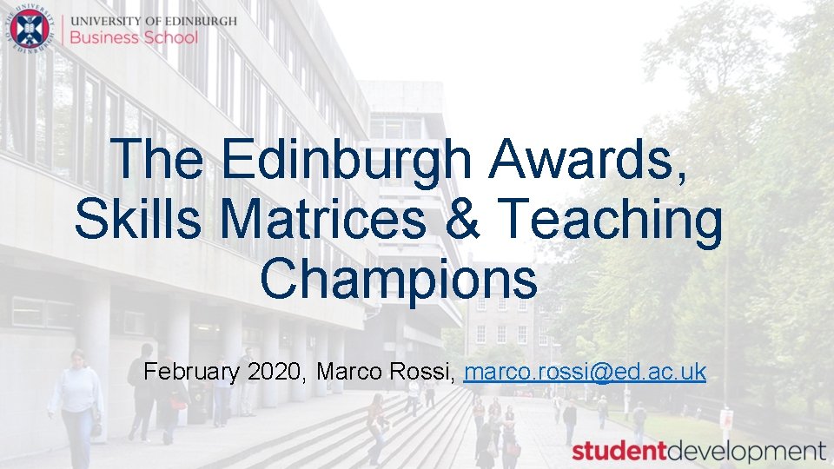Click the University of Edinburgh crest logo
pyautogui.click(x=30, y=29)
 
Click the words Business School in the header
pyautogui.click(x=134, y=37)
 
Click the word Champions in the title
pyautogui.click(x=398, y=280)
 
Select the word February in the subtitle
pyautogui.click(x=191, y=373)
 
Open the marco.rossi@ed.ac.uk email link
pyautogui.click(x=585, y=373)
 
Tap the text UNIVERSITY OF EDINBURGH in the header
pyautogui.click(x=153, y=20)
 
